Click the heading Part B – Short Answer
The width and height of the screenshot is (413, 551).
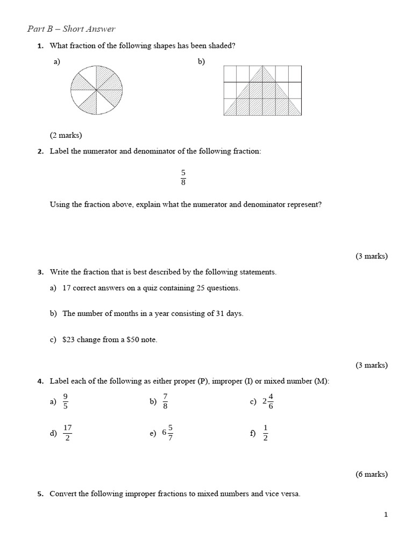(71, 29)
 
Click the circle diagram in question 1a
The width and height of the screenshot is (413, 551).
(96, 89)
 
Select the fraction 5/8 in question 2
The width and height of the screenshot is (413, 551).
(183, 176)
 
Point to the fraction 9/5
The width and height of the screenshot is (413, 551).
(66, 401)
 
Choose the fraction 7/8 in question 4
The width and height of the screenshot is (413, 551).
(165, 401)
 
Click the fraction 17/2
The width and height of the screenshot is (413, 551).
(67, 433)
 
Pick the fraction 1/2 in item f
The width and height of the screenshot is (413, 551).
(266, 433)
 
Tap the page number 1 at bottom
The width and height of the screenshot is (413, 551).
(386, 515)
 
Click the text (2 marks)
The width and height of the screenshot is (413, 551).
(66, 135)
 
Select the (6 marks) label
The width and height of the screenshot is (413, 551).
(371, 474)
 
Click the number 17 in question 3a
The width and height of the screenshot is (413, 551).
(67, 288)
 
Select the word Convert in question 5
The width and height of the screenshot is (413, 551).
(63, 493)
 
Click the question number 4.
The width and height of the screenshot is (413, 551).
(40, 382)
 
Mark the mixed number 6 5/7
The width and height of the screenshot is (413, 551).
(167, 433)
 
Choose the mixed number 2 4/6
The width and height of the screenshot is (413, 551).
(268, 401)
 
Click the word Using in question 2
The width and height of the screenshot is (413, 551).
(60, 204)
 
